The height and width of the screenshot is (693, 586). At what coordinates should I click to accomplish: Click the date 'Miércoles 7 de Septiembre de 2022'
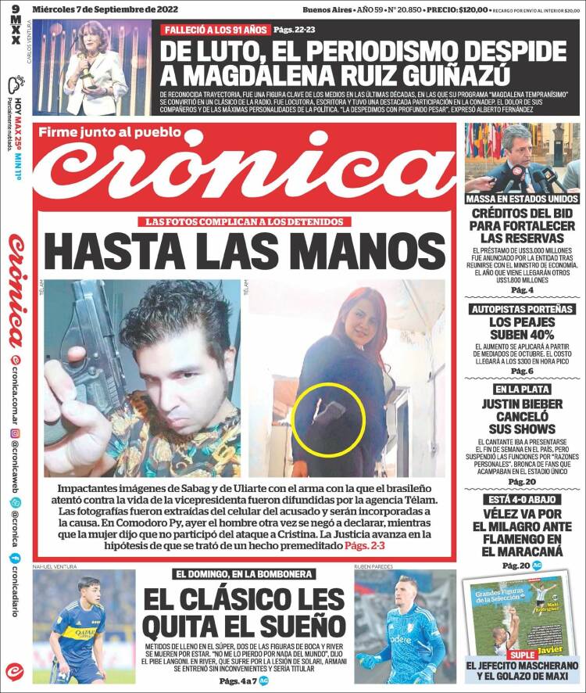pyautogui.click(x=105, y=9)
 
